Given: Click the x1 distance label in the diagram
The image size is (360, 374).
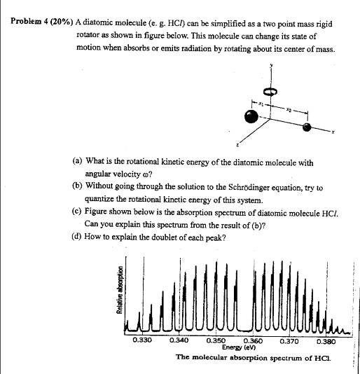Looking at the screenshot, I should (262, 102).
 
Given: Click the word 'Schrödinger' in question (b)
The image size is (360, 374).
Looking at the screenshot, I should (242, 188).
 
